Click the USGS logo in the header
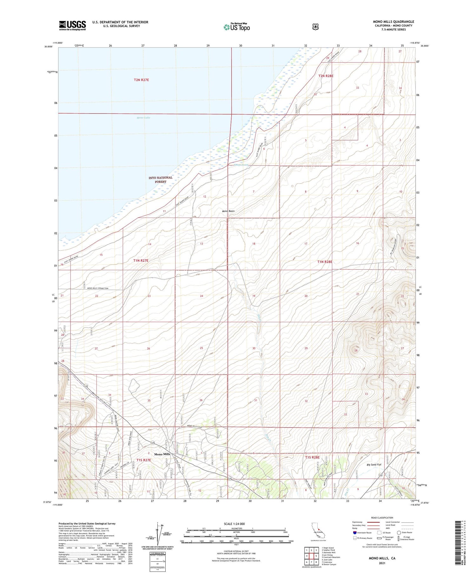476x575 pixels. coord(72,25)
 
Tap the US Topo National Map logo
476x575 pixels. coord(237,27)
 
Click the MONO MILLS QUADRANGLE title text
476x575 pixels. coord(393,22)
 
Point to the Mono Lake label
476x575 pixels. coord(143,118)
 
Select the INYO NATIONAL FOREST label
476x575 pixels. coord(161,180)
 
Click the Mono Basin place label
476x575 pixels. coord(228,211)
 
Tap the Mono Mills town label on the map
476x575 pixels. coord(162,454)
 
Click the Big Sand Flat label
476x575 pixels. coord(374,465)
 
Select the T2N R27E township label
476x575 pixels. coord(141,80)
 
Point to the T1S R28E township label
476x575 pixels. coord(312,457)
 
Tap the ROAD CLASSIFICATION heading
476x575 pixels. coord(382,518)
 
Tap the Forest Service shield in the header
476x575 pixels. coord(315,27)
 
